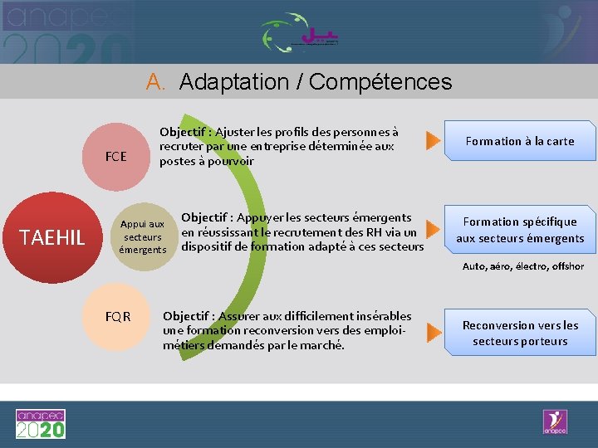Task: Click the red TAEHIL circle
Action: coord(53,238)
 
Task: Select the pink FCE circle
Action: coord(115,156)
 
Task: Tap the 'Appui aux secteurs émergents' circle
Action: coord(142,236)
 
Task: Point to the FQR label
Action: coord(118,316)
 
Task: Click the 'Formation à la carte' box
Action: coord(520,141)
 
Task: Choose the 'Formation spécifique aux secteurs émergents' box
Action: coord(520,230)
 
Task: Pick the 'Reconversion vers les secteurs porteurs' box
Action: coord(520,333)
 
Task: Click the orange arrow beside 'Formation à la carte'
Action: coord(432,141)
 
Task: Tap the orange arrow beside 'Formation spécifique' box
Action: coord(432,229)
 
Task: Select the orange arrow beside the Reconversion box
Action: coord(432,333)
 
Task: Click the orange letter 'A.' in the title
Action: coord(157,82)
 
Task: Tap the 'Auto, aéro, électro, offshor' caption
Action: coord(522,266)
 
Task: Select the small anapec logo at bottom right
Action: coord(554,421)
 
